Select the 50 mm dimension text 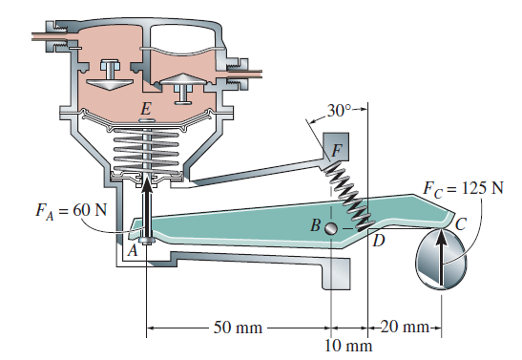[x=237, y=328]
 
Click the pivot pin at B [x=330, y=228]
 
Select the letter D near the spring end [x=379, y=241]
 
